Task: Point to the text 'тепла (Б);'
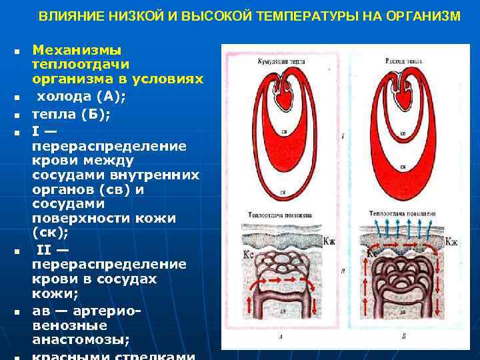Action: [x=71, y=114]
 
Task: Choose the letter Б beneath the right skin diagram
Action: [x=404, y=337]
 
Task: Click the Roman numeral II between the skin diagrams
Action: [x=343, y=272]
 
